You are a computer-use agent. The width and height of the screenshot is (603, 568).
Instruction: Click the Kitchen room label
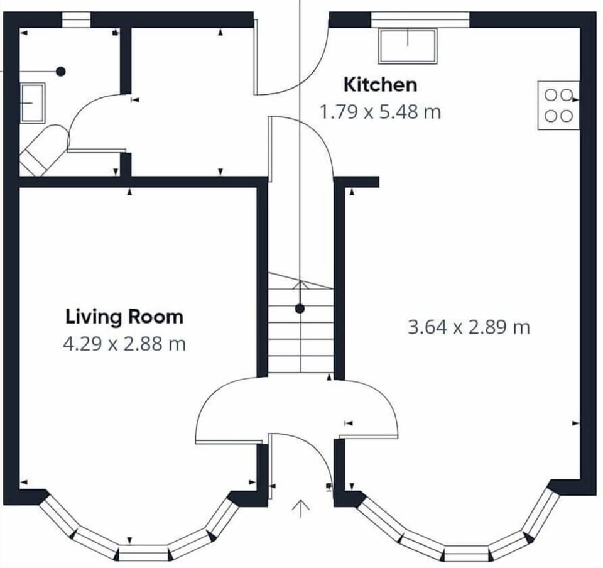pos(380,84)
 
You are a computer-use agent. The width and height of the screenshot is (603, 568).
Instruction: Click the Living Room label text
pos(124,316)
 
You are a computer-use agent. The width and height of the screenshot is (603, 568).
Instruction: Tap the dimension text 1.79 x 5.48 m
pos(380,112)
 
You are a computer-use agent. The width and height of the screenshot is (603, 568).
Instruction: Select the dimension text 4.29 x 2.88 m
pos(124,344)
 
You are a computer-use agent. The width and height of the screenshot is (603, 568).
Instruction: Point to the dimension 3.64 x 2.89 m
pos(469,327)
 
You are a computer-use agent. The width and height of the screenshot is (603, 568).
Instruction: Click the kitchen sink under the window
pos(408,46)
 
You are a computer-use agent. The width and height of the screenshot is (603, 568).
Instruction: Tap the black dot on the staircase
pos(300,309)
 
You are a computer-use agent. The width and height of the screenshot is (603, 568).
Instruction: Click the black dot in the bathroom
pos(61,72)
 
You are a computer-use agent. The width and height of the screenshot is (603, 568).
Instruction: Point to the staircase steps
pos(300,333)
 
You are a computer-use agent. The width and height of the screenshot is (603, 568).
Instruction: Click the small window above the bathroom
pos(76,20)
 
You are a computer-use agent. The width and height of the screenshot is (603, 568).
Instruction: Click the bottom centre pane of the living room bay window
pos(144,553)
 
